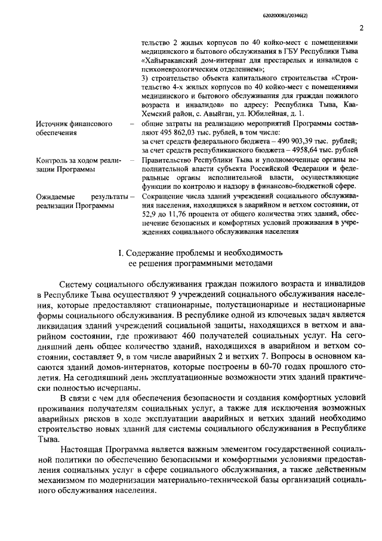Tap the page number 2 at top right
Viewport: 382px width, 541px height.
tap(361, 27)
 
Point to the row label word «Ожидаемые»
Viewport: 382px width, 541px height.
tap(56, 196)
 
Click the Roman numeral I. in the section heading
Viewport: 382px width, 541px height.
tap(120, 252)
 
